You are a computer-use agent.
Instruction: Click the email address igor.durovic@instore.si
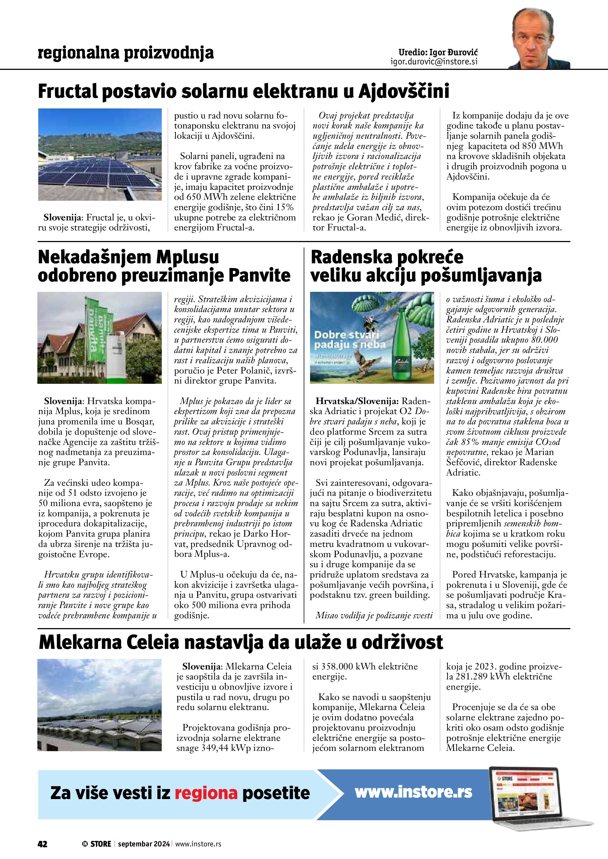click(x=434, y=62)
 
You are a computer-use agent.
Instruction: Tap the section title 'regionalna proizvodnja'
click(x=126, y=53)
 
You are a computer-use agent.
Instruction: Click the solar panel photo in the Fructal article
click(x=100, y=154)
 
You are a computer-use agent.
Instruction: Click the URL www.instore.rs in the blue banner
click(x=413, y=792)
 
